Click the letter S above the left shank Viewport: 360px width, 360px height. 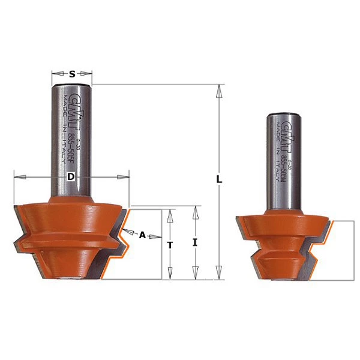(72, 74)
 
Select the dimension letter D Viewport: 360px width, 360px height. (71, 177)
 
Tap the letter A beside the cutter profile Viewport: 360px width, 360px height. (142, 235)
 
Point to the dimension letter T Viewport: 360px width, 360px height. (170, 245)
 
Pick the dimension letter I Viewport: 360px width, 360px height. (195, 243)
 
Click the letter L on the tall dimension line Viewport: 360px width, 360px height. (220, 179)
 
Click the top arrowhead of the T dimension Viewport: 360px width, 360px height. (170, 212)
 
